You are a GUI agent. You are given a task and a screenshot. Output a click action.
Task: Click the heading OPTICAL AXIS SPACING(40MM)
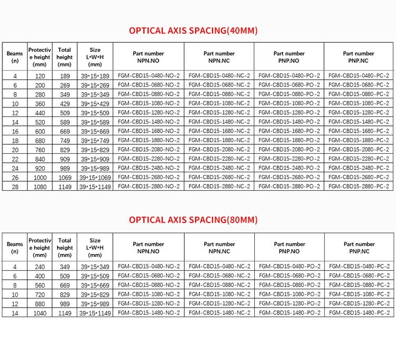[193, 30]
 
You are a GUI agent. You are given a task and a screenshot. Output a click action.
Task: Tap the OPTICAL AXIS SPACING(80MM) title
[193, 219]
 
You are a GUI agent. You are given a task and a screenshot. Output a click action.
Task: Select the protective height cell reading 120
[39, 76]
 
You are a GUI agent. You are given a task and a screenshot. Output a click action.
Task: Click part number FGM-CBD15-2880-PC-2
[359, 186]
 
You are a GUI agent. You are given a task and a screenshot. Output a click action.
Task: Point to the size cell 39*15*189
[95, 76]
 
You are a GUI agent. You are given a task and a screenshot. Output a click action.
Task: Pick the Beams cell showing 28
[15, 186]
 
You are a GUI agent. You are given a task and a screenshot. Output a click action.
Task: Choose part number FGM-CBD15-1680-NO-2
[149, 131]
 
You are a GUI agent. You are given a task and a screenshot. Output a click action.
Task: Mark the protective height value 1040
[39, 312]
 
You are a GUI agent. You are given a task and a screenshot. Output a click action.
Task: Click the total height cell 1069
[65, 177]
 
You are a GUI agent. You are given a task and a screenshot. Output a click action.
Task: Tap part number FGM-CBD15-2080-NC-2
[219, 150]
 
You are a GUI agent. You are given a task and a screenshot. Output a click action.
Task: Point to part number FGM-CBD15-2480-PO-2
[289, 168]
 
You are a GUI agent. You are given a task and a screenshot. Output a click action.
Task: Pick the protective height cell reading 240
[39, 266]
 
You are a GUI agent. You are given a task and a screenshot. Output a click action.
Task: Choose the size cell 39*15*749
[95, 140]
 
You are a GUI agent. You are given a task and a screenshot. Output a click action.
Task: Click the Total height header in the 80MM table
[65, 247]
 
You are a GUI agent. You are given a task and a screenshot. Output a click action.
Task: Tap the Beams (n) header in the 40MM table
[15, 57]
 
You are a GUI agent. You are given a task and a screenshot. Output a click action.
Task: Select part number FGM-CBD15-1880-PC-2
[359, 140]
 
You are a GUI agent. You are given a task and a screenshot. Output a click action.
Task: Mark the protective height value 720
[39, 294]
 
